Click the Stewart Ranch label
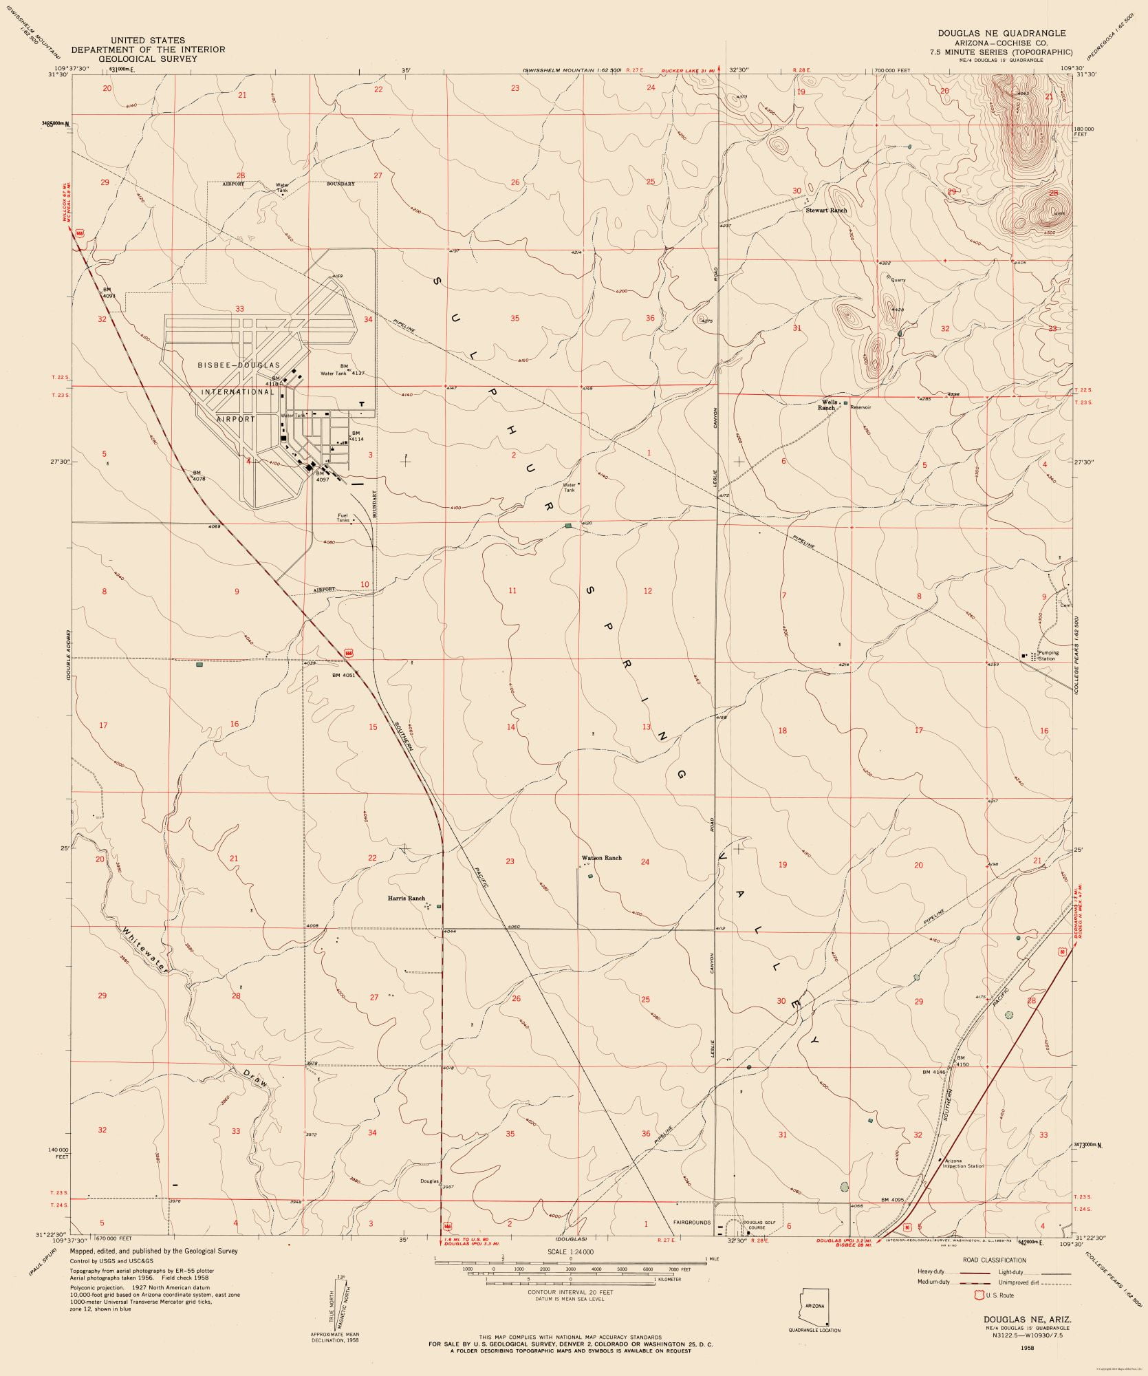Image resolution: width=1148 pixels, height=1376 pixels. click(x=826, y=211)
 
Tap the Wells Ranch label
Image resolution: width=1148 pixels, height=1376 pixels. click(x=828, y=405)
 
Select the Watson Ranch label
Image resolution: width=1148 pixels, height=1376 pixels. click(x=601, y=858)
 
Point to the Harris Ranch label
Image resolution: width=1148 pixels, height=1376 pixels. click(x=406, y=899)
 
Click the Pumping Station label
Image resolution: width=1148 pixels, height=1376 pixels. click(x=1048, y=656)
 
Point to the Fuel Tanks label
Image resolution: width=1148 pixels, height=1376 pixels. click(x=343, y=518)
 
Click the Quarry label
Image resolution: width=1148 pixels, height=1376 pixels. click(x=898, y=280)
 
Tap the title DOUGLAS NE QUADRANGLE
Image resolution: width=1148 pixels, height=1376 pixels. click(x=1001, y=33)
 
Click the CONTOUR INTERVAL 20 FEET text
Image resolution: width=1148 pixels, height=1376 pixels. click(x=570, y=1292)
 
